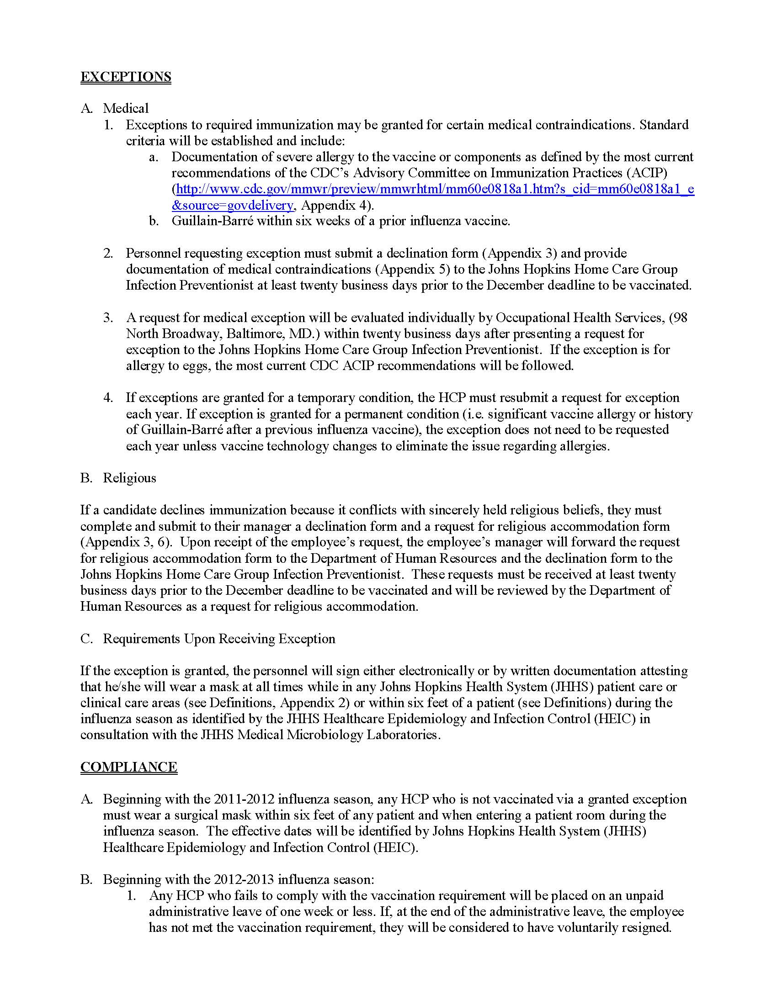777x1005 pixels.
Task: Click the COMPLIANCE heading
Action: (129, 767)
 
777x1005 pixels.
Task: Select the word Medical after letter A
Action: (126, 108)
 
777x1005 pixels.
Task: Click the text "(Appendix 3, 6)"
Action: (126, 542)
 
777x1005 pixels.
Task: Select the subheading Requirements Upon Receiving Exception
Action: (219, 639)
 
